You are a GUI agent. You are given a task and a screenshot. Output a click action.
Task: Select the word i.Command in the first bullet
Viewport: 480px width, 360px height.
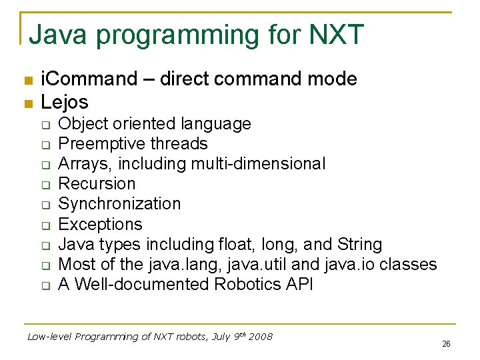(89, 79)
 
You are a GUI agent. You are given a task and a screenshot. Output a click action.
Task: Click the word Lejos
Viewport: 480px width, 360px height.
(65, 102)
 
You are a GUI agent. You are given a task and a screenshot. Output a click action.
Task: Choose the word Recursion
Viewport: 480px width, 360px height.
(97, 184)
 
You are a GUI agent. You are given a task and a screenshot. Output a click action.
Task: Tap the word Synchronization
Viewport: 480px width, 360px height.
(119, 204)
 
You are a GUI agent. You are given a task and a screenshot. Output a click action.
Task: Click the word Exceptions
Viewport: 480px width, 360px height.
(100, 224)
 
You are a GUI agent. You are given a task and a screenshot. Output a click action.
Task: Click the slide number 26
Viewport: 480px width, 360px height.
(446, 344)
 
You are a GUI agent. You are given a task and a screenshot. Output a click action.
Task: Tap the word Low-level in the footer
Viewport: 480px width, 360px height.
(49, 337)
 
